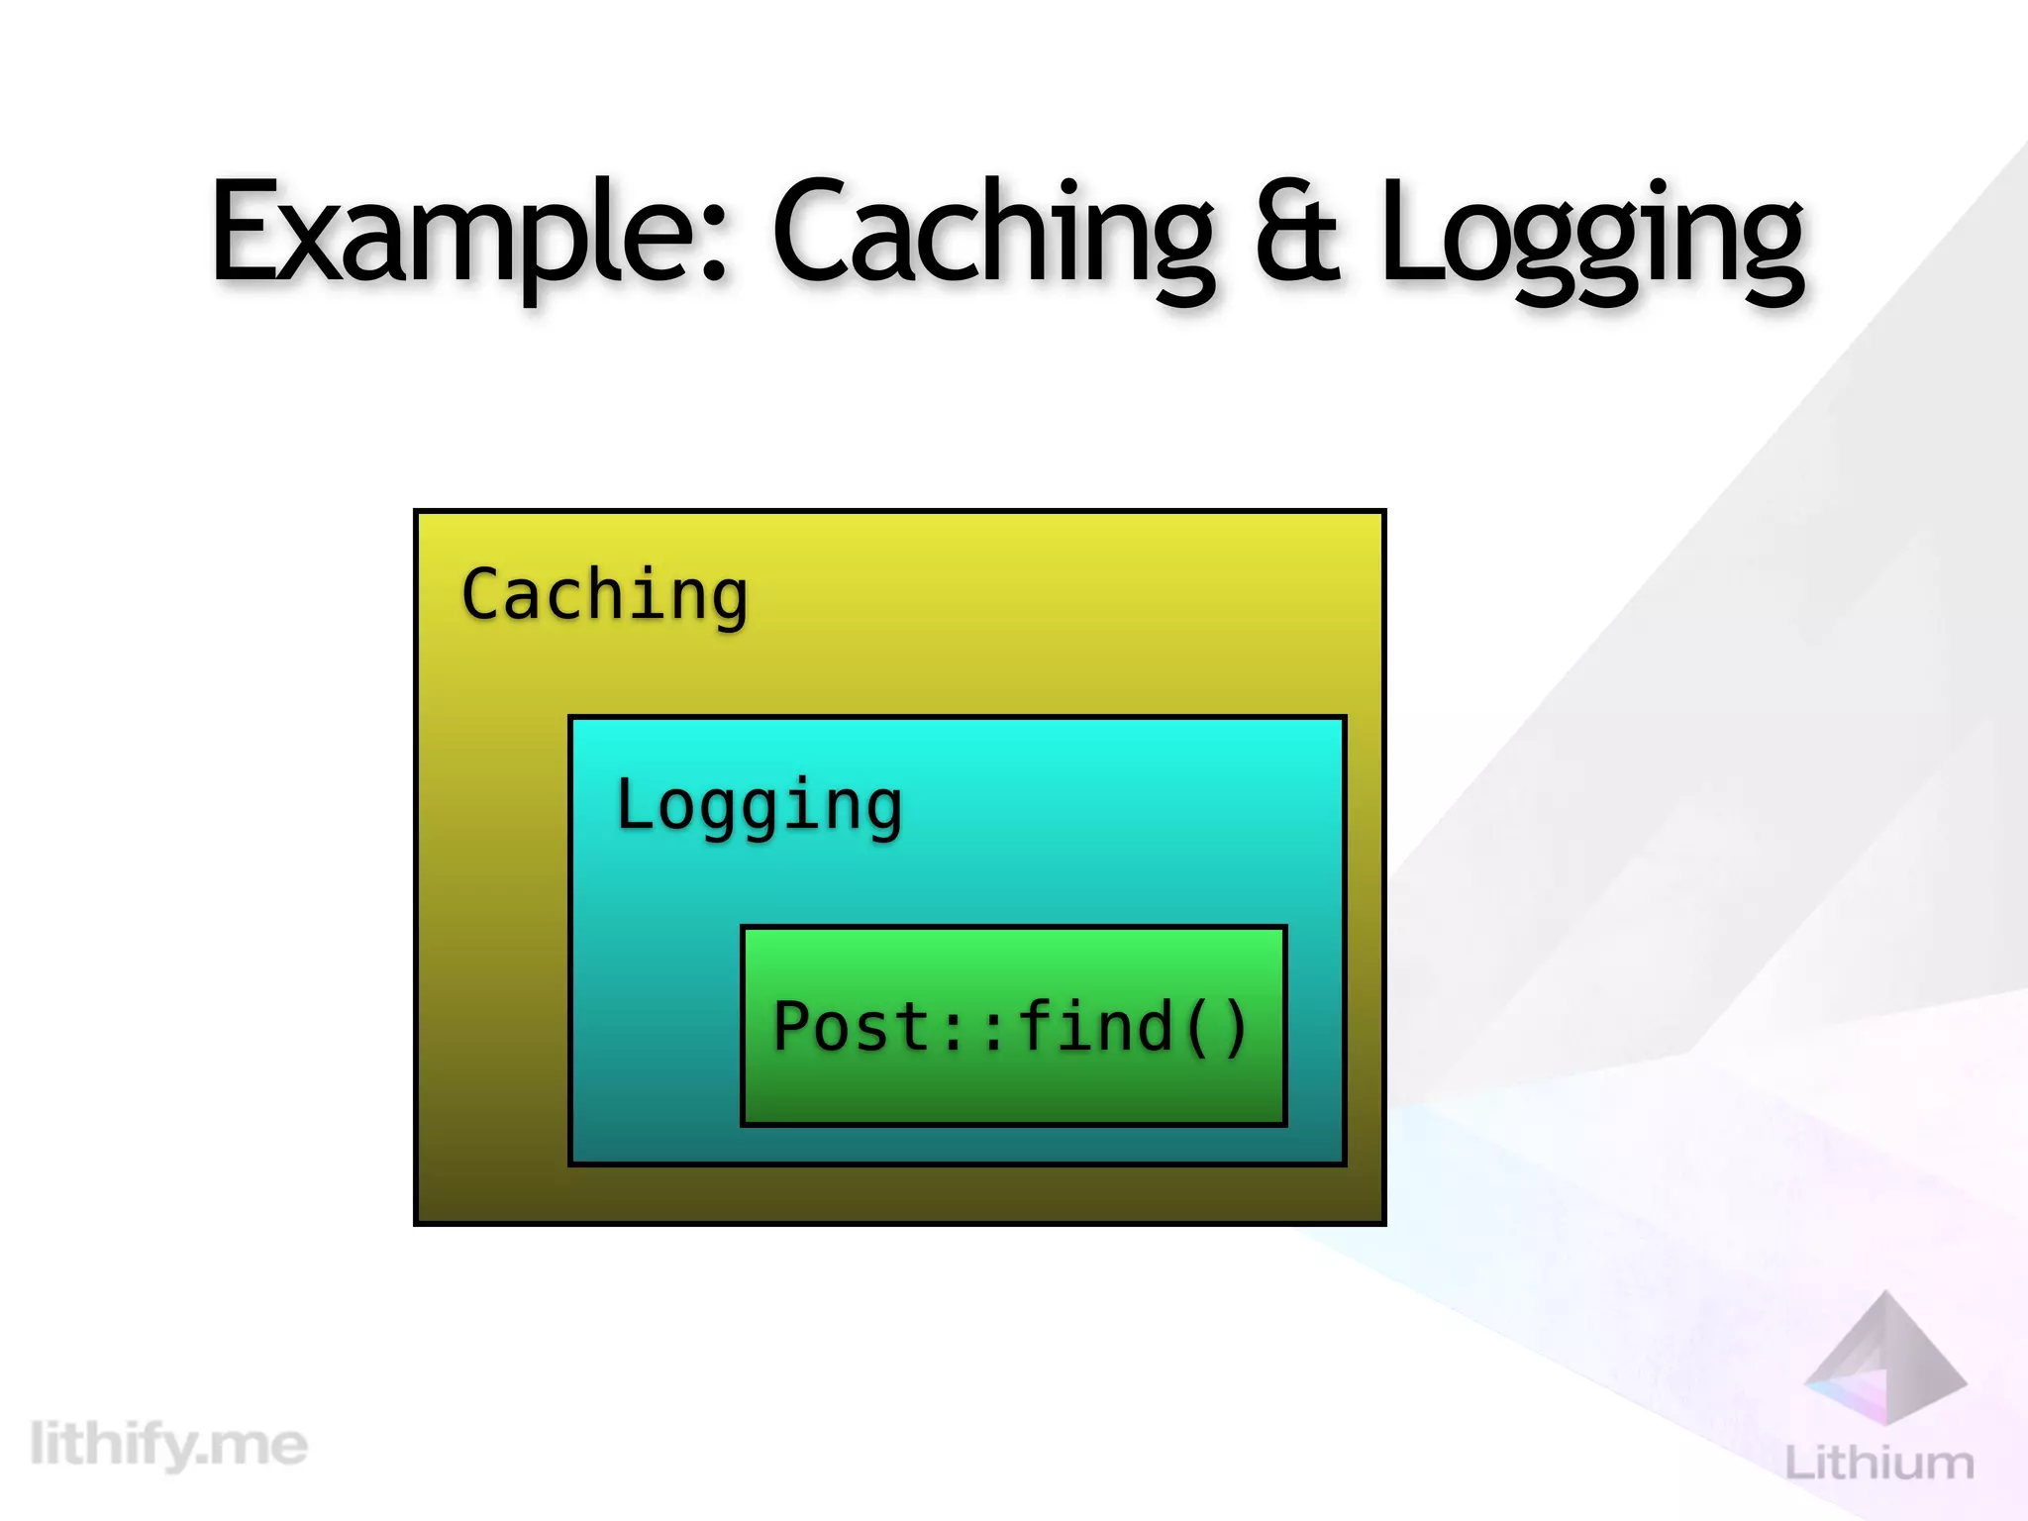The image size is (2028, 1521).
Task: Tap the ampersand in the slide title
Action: (1297, 233)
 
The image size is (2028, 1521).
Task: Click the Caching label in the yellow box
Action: (604, 596)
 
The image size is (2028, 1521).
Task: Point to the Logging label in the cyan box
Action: (759, 805)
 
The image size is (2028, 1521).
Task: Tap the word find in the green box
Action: (1094, 1026)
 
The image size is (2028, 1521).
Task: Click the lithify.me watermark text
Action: (168, 1445)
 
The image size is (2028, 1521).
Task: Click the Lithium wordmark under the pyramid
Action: (1878, 1463)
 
